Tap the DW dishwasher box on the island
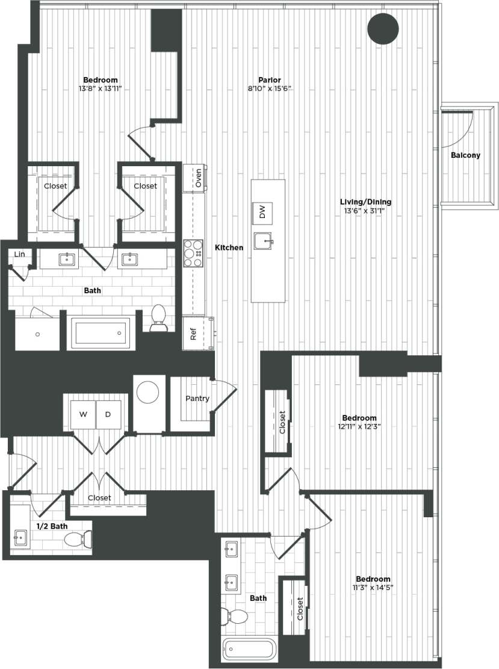tap(262, 212)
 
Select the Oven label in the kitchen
tap(198, 178)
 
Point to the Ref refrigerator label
tap(193, 334)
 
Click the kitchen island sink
tap(264, 241)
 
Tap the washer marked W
tap(84, 414)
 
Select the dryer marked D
tap(108, 414)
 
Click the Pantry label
tap(197, 399)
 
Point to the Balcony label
tap(466, 155)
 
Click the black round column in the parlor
tap(383, 28)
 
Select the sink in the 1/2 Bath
tap(21, 537)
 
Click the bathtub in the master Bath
tap(100, 332)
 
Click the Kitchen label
tap(229, 247)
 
